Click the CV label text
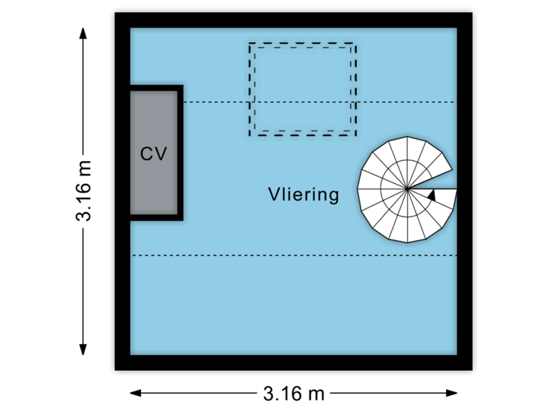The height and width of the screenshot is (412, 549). click(x=153, y=153)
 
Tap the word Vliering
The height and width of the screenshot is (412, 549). click(x=303, y=195)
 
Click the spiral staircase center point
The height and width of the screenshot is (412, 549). click(x=407, y=188)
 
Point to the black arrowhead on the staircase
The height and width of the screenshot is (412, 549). click(x=432, y=195)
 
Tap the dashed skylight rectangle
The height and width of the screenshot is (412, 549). click(x=303, y=89)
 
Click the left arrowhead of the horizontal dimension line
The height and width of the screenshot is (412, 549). click(x=134, y=394)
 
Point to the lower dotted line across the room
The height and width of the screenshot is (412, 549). click(x=294, y=256)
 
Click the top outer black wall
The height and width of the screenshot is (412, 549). click(x=294, y=18)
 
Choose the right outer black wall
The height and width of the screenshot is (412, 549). click(x=467, y=191)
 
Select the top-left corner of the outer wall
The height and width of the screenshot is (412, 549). click(x=119, y=18)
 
